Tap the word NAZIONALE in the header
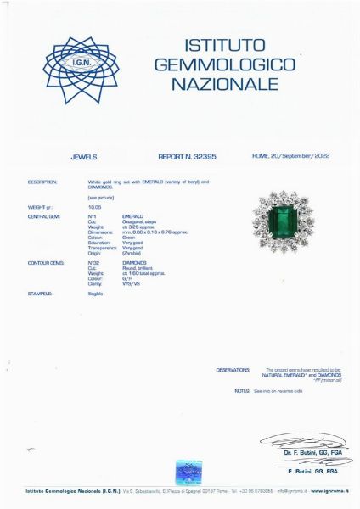pos(224,84)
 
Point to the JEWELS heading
pos(84,157)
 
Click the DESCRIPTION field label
pos(42,182)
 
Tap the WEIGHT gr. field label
pos(42,206)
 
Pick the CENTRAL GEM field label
pos(43,216)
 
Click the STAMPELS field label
pos(40,293)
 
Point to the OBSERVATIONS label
pos(233,370)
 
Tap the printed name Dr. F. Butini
pos(301,453)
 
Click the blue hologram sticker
pos(188,472)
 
